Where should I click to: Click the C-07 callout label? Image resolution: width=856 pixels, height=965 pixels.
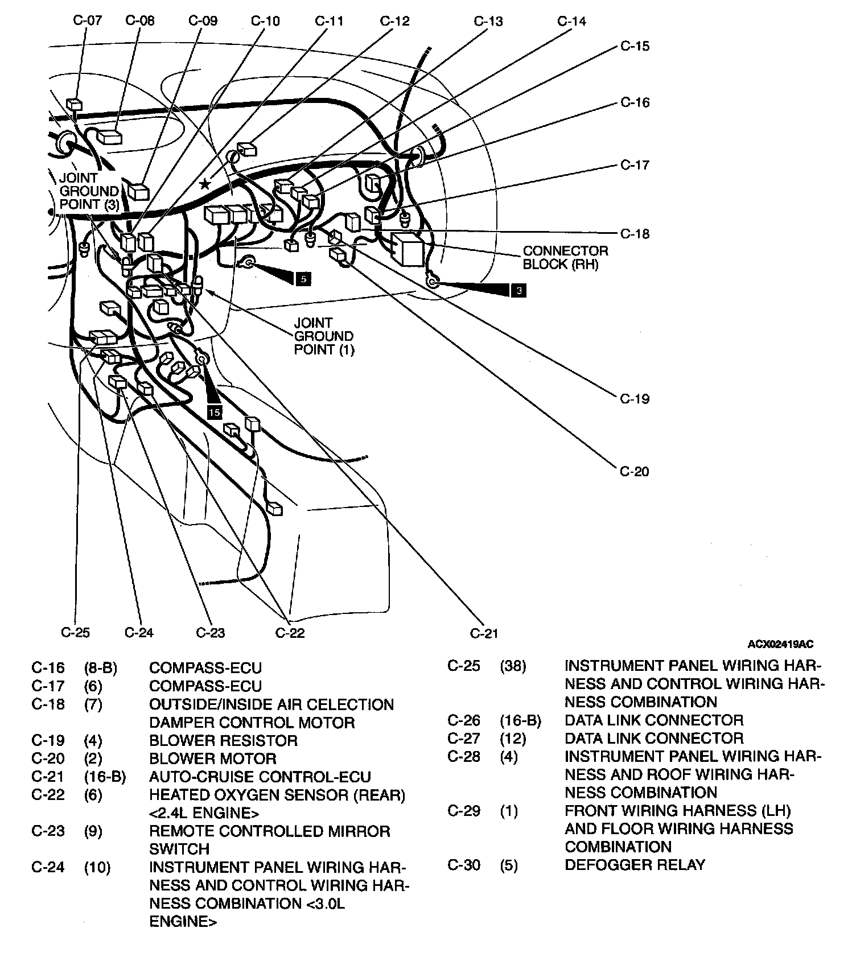tap(88, 21)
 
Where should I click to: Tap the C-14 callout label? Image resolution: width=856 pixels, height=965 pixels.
tap(571, 22)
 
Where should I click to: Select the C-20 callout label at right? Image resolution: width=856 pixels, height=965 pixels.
tap(635, 472)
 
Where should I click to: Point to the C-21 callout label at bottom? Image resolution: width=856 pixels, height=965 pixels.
tap(484, 633)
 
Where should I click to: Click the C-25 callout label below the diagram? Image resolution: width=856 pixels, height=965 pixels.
tap(75, 633)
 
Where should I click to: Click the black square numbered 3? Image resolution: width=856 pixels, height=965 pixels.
tap(518, 291)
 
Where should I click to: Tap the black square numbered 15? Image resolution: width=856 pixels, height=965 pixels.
tap(215, 412)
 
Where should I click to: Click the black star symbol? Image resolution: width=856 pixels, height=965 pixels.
tap(205, 184)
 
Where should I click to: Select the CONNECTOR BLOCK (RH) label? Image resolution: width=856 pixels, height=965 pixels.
tap(565, 257)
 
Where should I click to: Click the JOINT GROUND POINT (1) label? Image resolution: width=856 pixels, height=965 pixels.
tap(323, 336)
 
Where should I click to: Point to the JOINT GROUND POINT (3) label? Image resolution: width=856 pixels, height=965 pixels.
tap(89, 191)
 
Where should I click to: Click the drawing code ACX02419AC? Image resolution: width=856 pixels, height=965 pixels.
tap(780, 645)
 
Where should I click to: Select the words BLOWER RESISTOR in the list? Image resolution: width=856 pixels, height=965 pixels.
tap(223, 741)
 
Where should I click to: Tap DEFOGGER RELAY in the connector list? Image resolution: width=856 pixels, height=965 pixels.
tap(635, 865)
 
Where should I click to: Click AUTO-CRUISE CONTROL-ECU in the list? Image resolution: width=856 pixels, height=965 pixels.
tap(260, 777)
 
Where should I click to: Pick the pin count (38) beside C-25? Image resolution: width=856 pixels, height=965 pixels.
tap(513, 666)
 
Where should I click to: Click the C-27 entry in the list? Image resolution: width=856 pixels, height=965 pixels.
tap(464, 739)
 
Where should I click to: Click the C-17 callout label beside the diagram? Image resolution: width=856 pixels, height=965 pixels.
tap(635, 166)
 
